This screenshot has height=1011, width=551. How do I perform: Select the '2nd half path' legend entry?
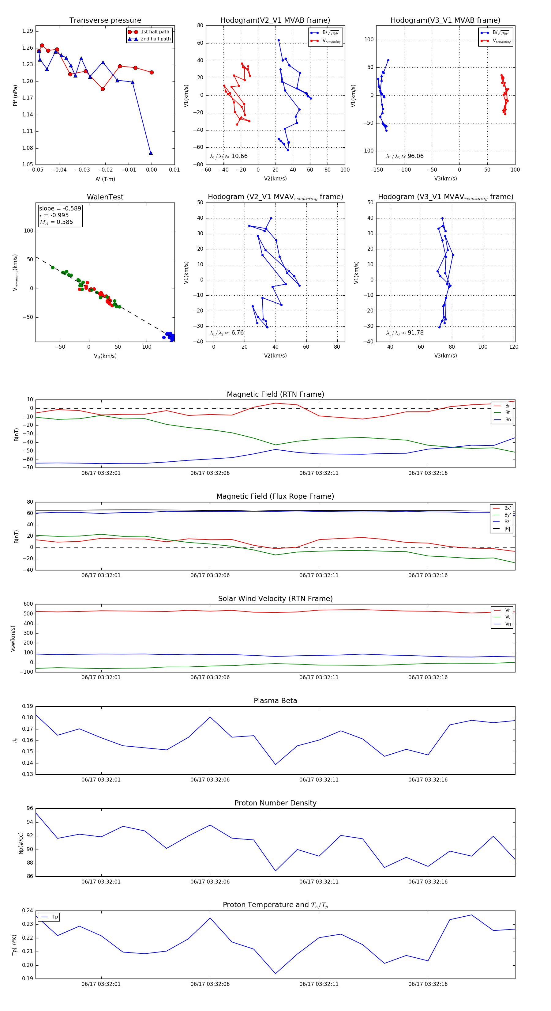pos(155,39)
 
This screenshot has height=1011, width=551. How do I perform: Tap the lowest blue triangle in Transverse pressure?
pos(151,153)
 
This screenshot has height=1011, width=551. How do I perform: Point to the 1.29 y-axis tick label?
pos(28,31)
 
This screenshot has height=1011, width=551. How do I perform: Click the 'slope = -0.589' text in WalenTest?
pos(60,208)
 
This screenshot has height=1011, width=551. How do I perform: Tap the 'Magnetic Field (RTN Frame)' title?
pos(275,394)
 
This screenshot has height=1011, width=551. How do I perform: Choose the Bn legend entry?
pos(508,419)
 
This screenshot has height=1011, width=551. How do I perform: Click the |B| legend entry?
pos(507,529)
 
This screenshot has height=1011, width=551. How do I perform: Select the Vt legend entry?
pos(508,617)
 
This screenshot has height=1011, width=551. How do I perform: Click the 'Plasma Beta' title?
pos(275,701)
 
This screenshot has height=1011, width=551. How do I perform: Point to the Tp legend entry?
pos(55,917)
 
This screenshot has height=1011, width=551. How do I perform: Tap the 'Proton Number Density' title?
pos(275,803)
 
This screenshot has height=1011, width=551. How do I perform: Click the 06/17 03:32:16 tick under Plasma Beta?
pos(428,779)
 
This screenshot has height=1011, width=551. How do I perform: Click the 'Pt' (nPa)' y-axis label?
pos(15,95)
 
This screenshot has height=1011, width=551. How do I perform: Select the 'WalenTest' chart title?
pos(105,197)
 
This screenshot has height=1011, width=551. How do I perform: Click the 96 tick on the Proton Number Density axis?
pos(30,808)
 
